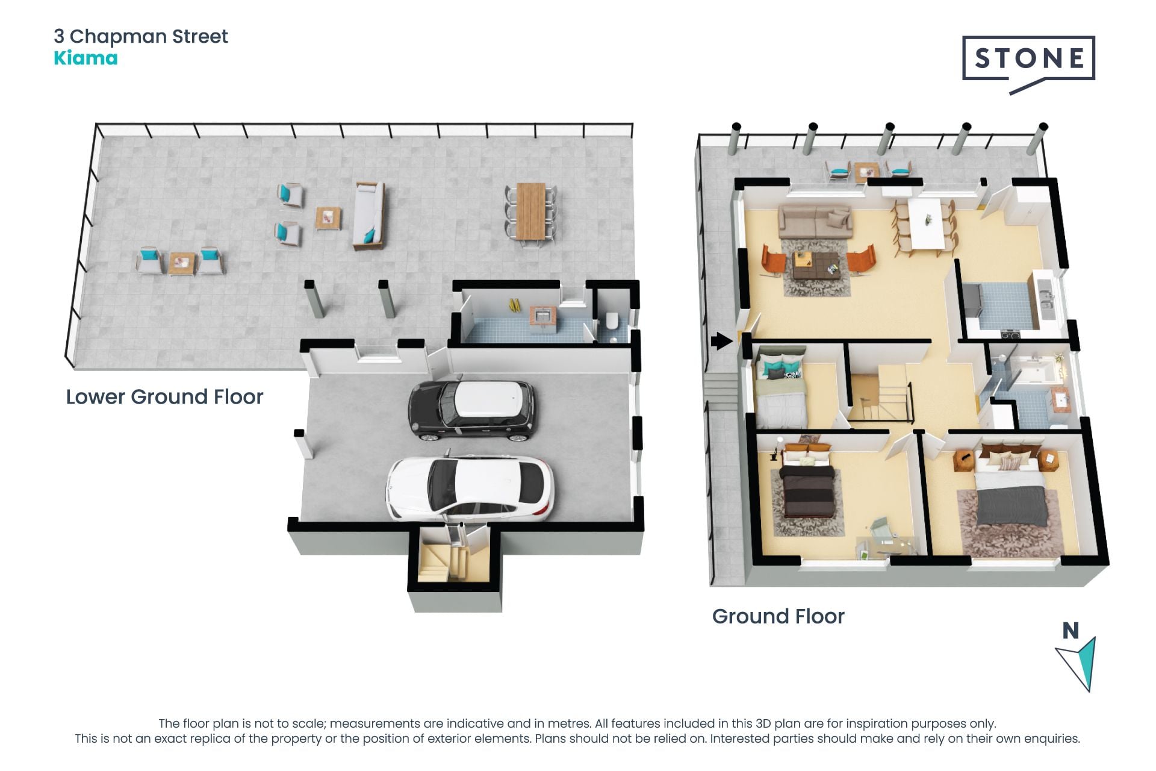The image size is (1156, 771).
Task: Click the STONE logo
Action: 1028,60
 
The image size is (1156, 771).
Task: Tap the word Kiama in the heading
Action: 85,58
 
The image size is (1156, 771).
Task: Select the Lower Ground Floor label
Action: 164,397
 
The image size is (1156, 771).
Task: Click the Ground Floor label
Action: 778,616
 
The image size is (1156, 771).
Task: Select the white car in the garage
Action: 470,488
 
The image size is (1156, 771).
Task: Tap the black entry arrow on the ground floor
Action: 721,342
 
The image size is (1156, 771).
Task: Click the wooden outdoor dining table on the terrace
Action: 530,211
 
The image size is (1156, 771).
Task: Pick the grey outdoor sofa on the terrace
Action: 369,216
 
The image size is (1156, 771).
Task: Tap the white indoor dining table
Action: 927,222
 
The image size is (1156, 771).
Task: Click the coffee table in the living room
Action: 817,265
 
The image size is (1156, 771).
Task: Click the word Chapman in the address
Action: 119,37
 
